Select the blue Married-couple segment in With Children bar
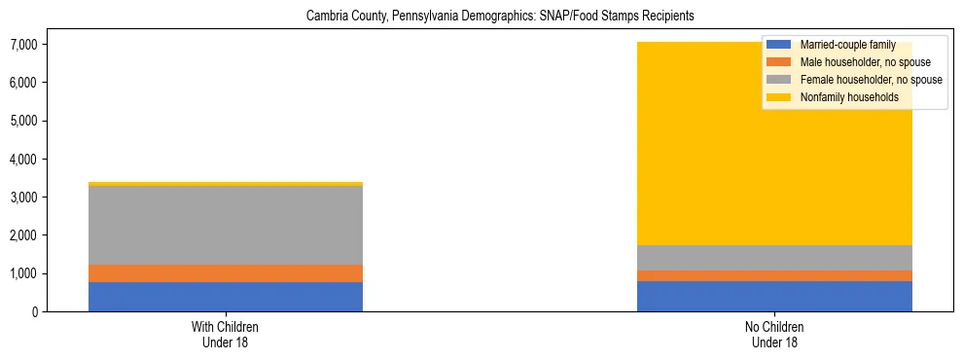(x=226, y=297)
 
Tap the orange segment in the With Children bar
(x=226, y=273)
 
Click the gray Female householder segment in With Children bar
(x=226, y=225)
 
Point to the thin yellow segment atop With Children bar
(x=226, y=183)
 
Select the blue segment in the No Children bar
(x=774, y=296)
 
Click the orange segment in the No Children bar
(x=774, y=275)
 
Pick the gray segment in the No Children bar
(x=774, y=258)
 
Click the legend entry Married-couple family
(x=846, y=45)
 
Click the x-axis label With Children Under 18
(x=226, y=335)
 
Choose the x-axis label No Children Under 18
(x=774, y=335)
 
